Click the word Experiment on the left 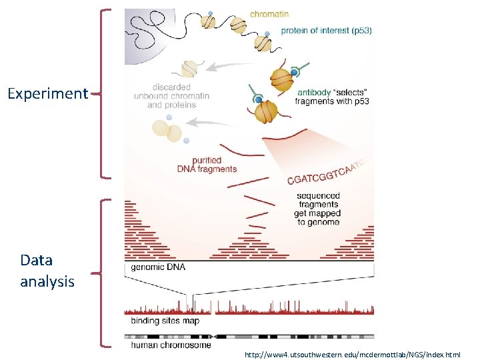coord(47,93)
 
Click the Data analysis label coord(47,271)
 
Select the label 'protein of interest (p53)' coord(326,31)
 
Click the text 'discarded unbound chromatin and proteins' coord(171,96)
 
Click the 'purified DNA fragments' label coord(207,165)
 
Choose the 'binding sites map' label coord(165,321)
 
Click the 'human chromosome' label coord(171,345)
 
